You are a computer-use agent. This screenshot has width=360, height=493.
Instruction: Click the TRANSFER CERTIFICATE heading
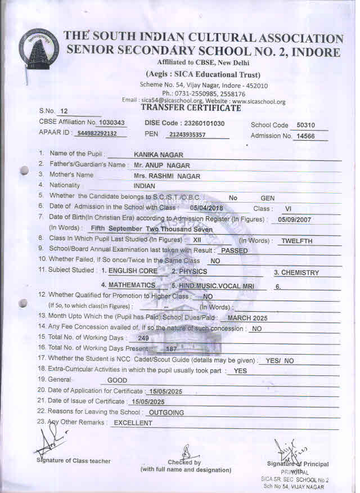click(x=191, y=107)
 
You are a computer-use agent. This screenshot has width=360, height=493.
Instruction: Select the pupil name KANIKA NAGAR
click(x=159, y=154)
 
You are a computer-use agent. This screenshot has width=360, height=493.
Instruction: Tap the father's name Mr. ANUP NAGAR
click(x=162, y=165)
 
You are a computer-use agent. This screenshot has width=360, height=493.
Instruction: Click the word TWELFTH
click(x=297, y=240)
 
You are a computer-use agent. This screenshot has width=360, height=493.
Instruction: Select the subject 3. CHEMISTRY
click(x=296, y=272)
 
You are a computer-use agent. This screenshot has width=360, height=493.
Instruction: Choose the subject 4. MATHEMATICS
click(x=128, y=285)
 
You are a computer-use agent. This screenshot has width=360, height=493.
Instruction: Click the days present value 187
click(x=171, y=349)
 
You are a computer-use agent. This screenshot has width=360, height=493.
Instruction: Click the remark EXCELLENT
click(x=133, y=423)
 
